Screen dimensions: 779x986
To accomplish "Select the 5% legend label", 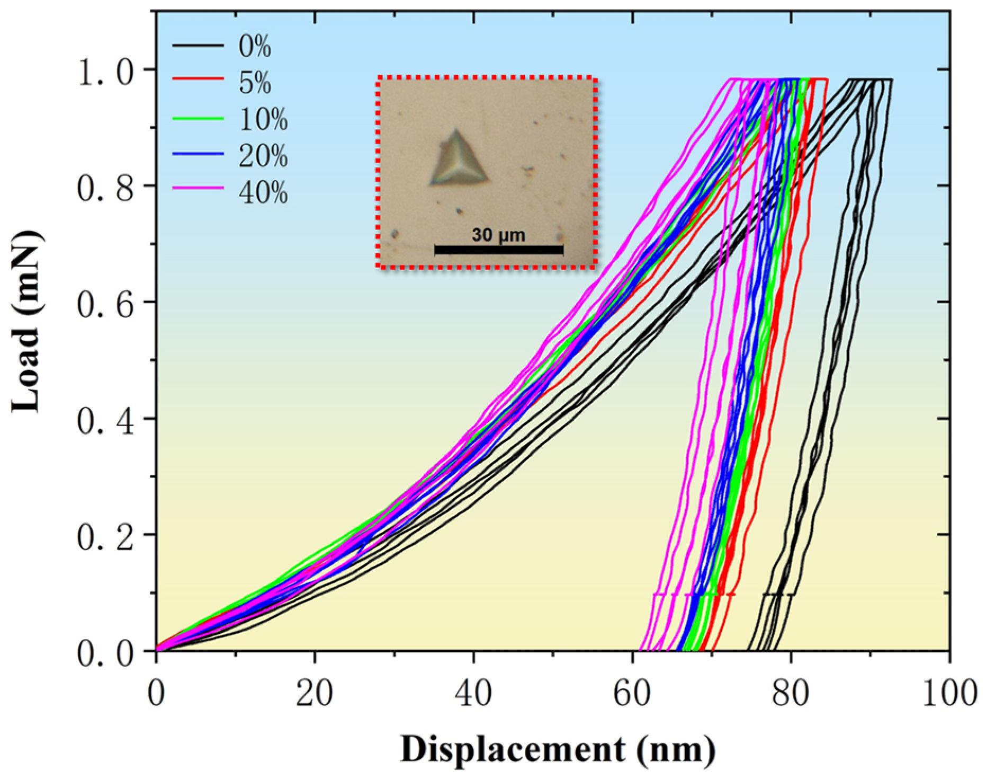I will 254,83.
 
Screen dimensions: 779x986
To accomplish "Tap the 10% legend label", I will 263,120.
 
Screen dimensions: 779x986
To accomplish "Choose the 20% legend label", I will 263,156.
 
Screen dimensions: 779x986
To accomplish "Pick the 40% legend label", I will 263,193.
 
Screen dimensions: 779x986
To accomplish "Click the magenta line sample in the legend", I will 198,188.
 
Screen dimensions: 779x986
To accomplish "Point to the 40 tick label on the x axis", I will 473,694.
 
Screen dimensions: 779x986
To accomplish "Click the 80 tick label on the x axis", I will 791,694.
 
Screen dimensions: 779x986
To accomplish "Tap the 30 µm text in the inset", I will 498,235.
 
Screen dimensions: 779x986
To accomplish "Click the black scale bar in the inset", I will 498,250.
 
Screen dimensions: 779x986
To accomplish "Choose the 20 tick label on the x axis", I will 315,694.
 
